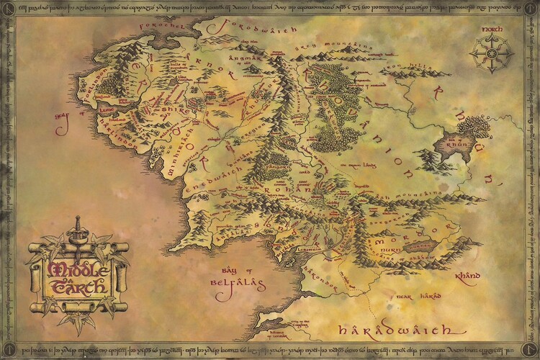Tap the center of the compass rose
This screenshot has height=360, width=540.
[x=490, y=56]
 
